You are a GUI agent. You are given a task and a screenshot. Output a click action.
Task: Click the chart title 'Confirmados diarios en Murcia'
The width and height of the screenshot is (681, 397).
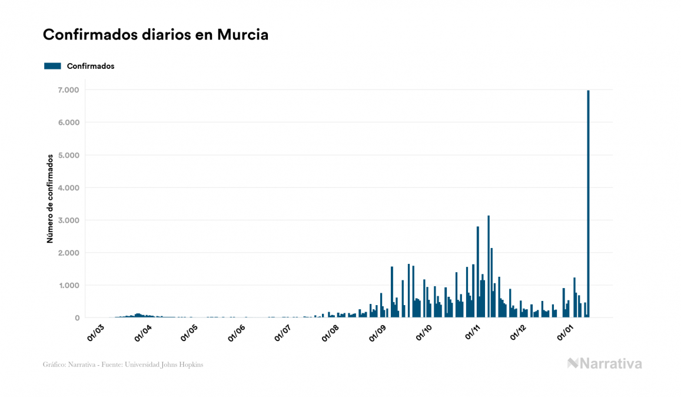click(x=155, y=35)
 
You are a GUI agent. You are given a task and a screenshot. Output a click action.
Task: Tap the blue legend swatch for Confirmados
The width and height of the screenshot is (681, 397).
click(x=52, y=66)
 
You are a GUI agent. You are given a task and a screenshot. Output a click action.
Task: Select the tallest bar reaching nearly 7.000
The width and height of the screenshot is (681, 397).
click(x=588, y=203)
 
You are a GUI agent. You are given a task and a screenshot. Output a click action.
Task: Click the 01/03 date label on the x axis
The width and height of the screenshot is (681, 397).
click(x=95, y=332)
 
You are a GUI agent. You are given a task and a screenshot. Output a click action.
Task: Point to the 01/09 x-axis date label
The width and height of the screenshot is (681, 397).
click(x=378, y=332)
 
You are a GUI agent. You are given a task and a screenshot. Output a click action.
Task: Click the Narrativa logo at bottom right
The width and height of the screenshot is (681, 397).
click(x=604, y=363)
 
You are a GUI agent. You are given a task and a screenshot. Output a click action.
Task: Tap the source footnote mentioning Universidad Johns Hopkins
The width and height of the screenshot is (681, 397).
click(x=123, y=365)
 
